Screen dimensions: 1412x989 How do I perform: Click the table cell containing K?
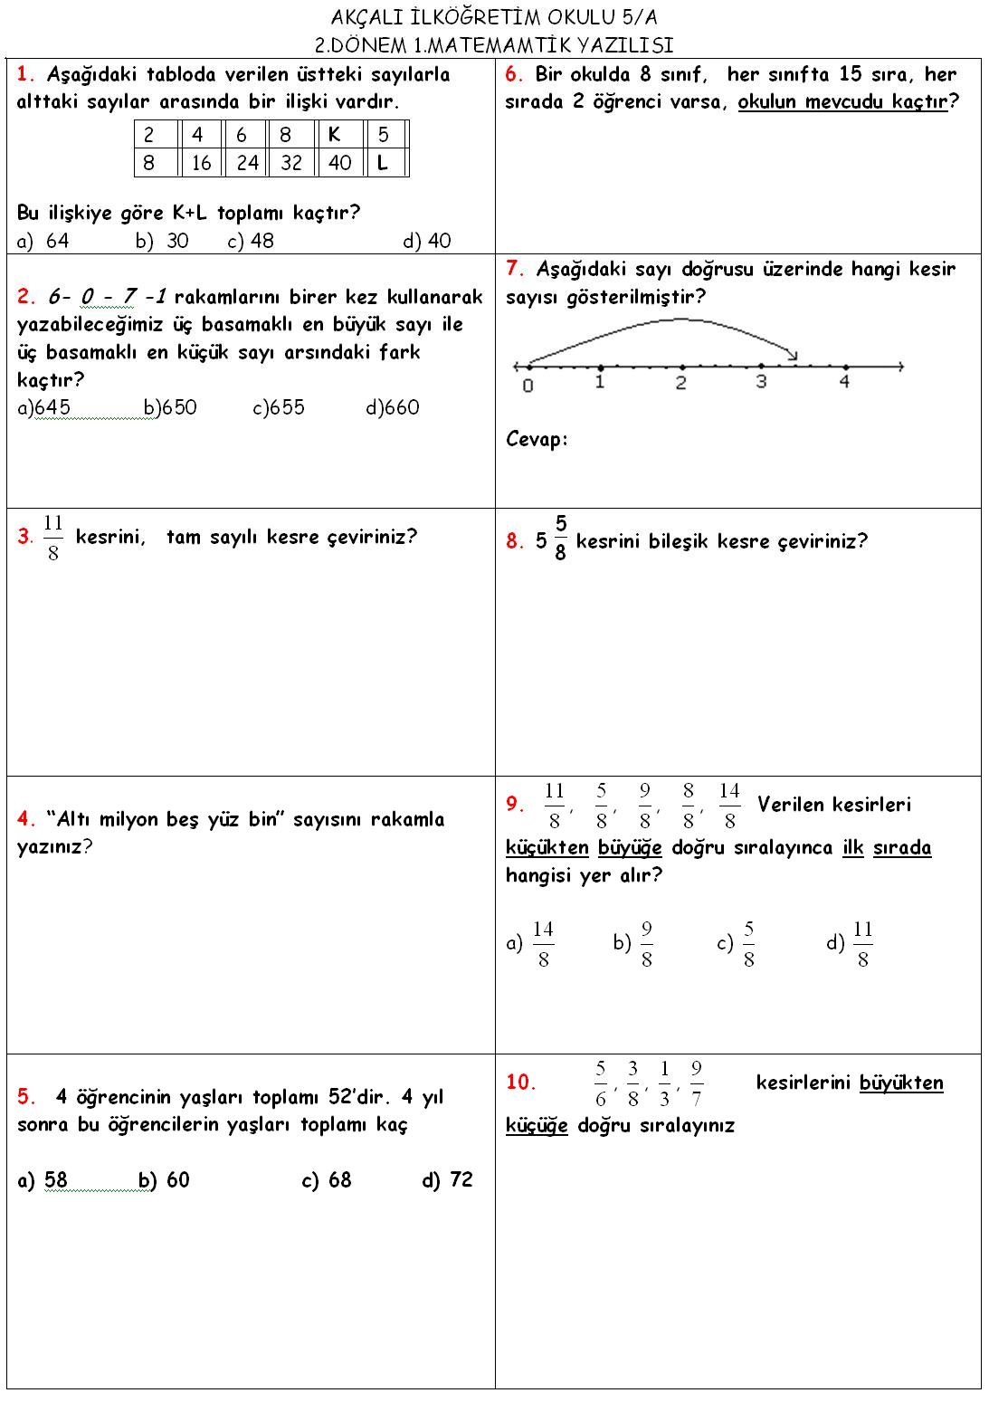click(338, 135)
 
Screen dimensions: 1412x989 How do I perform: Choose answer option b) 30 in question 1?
click(163, 241)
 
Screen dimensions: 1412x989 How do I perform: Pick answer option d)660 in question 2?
click(393, 407)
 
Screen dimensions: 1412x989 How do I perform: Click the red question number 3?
click(25, 537)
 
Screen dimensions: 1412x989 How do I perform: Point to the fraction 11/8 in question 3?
click(52, 538)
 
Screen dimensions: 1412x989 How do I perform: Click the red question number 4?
click(25, 820)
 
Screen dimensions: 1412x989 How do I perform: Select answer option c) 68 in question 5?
click(327, 1180)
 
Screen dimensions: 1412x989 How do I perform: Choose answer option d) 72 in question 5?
click(448, 1180)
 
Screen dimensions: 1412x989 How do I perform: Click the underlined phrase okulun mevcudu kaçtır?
click(842, 101)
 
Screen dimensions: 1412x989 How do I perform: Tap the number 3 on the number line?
click(761, 382)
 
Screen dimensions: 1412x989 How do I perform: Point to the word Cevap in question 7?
click(536, 440)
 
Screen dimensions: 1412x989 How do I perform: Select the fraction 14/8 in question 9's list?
click(729, 806)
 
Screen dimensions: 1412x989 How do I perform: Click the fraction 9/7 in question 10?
click(696, 1083)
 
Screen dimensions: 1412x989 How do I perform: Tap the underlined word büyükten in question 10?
click(901, 1083)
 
